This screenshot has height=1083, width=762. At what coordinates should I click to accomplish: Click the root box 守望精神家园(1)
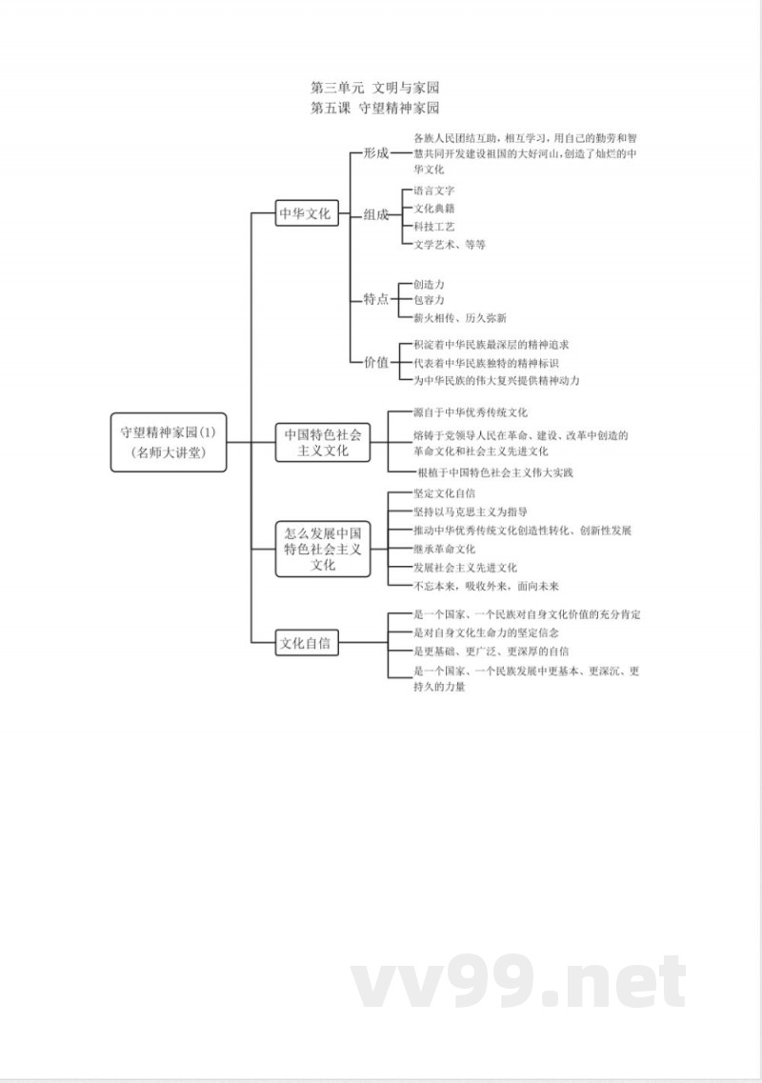click(168, 442)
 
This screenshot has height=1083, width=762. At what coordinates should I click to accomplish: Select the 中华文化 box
click(305, 213)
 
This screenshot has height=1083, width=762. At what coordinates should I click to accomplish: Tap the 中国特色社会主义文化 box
click(323, 442)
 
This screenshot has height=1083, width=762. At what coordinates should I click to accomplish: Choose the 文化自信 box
click(308, 643)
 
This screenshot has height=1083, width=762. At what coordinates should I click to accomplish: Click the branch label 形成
click(376, 152)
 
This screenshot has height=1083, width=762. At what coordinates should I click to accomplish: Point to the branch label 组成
click(376, 214)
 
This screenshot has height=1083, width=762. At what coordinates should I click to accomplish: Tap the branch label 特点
click(376, 299)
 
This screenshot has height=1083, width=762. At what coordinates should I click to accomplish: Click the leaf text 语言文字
click(434, 191)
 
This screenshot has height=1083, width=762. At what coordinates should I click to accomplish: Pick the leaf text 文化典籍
click(434, 208)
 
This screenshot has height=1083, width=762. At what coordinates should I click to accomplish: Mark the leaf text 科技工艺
click(434, 227)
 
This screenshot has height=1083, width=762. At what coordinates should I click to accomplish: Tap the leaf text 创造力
click(429, 284)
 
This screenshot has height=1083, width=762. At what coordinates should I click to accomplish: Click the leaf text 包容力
click(429, 300)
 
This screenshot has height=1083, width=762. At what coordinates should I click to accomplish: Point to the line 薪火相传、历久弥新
click(460, 318)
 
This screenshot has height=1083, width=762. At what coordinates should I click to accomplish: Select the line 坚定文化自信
click(445, 493)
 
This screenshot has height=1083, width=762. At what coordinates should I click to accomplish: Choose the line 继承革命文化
click(445, 549)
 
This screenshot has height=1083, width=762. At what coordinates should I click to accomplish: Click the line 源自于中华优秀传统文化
click(471, 412)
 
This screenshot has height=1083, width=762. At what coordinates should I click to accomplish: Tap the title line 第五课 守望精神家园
click(375, 108)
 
